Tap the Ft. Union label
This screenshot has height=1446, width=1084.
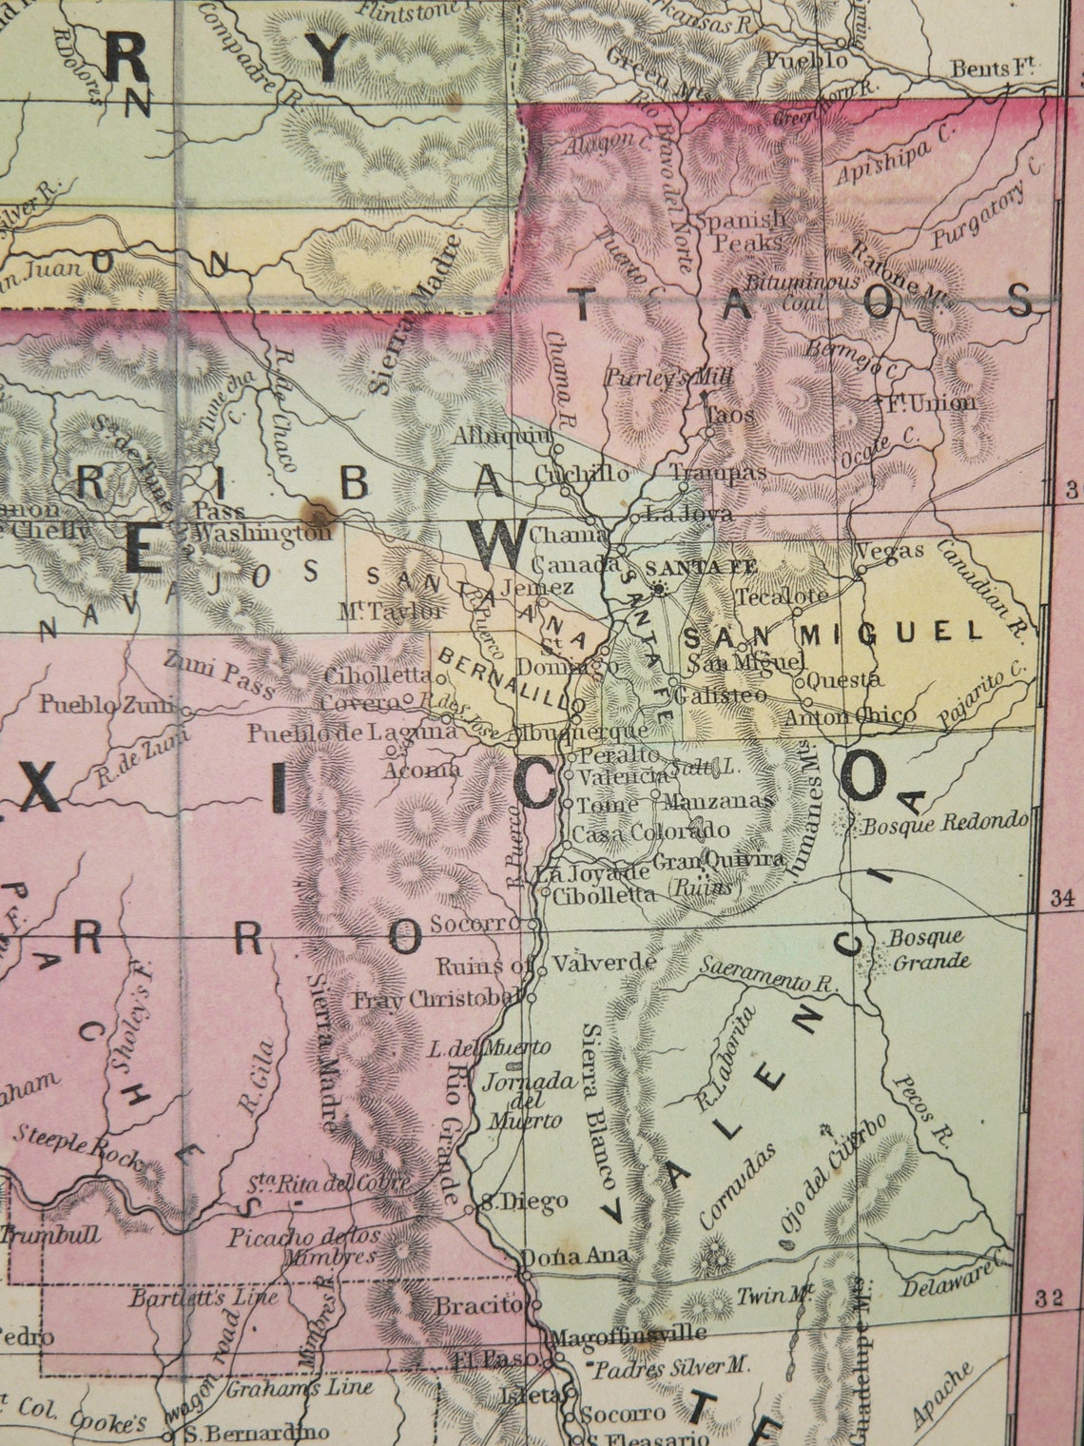[930, 402]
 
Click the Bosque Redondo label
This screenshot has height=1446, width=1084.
[945, 823]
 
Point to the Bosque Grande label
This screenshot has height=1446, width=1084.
[927, 948]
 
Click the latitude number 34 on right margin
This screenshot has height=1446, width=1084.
[1060, 897]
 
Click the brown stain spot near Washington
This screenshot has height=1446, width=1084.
[311, 517]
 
